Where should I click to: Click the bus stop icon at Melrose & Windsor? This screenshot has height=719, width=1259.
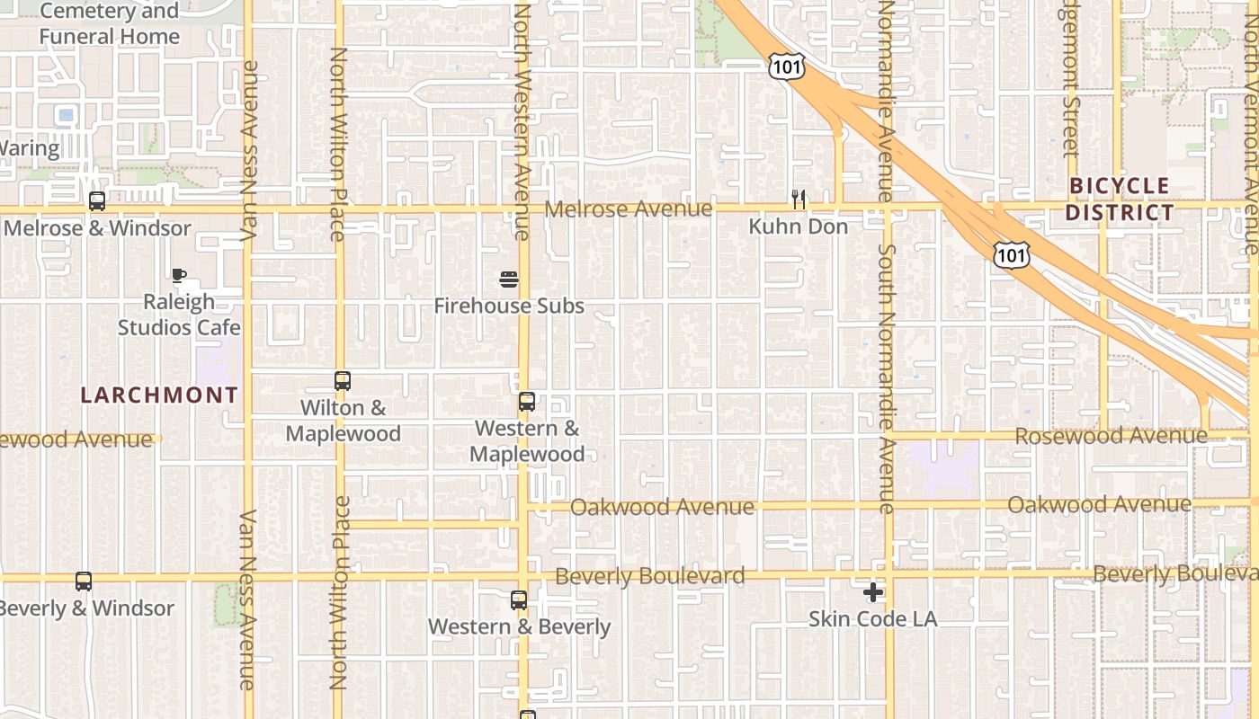[x=97, y=201]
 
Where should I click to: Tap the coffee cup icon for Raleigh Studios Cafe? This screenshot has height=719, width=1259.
[x=179, y=275]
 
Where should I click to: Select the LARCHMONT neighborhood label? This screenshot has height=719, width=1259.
[x=159, y=395]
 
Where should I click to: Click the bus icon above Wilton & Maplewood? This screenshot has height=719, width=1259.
[x=342, y=381]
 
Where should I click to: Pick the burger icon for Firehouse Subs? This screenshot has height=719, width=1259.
[x=509, y=280]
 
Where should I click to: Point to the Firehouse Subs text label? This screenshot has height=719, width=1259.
[x=509, y=306]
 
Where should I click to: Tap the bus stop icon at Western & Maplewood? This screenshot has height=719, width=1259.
[x=527, y=402]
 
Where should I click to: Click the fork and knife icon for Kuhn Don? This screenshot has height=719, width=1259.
[x=798, y=199]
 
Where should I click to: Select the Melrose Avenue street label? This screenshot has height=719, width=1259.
[x=629, y=209]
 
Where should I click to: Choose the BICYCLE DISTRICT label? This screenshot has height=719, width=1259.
[x=1121, y=200]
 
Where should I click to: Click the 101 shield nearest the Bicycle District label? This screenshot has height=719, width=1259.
[x=1010, y=255]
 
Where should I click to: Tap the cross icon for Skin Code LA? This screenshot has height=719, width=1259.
[x=872, y=592]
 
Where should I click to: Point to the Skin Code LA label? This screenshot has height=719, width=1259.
[x=872, y=619]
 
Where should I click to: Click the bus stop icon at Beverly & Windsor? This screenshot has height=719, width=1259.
[x=84, y=581]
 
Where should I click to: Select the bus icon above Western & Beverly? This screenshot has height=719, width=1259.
[x=519, y=599]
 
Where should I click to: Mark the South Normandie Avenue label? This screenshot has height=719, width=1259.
[x=887, y=377]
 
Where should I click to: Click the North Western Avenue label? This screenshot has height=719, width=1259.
[x=521, y=121]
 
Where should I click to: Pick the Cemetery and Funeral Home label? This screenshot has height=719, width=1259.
[x=110, y=24]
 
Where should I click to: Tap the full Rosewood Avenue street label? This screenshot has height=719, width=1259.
[x=1111, y=436]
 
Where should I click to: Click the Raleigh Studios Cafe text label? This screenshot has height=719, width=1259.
[x=179, y=315]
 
